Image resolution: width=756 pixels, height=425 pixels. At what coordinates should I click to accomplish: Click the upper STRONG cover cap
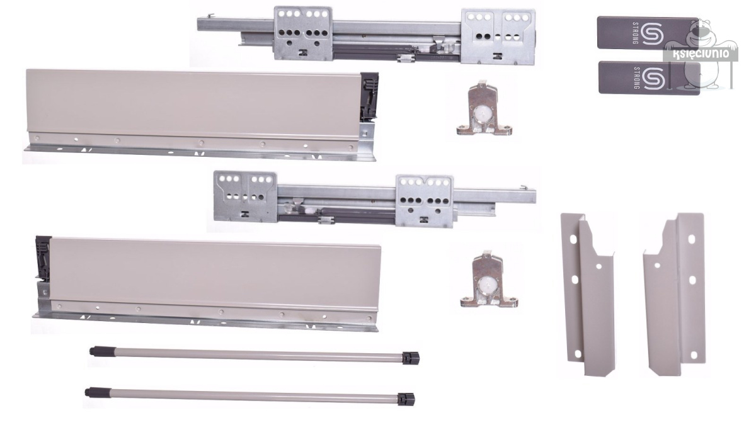648,33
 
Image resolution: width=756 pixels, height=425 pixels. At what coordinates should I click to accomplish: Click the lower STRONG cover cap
649,77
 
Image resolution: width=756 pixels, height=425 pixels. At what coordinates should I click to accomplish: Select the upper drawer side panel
200,115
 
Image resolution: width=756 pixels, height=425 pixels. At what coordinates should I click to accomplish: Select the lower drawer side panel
207,283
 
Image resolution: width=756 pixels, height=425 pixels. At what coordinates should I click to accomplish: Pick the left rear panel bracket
588,294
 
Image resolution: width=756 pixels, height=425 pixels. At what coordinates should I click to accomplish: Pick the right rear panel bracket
674,293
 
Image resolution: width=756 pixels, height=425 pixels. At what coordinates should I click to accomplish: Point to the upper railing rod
255,355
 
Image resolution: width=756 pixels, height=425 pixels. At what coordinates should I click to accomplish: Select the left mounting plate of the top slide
303,33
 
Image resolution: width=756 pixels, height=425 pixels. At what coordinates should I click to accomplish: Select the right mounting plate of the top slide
498,37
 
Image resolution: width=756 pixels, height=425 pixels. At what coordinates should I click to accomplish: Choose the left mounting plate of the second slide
245,196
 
